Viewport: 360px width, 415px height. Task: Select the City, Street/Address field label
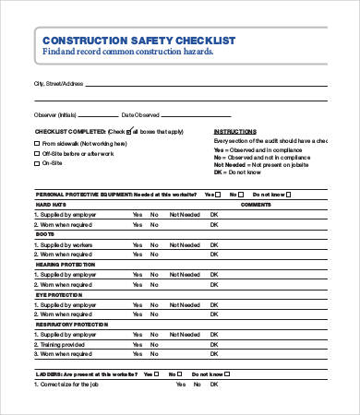click(58, 83)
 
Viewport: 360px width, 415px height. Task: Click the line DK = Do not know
click(241, 172)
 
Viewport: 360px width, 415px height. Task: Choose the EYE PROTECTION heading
click(58, 294)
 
